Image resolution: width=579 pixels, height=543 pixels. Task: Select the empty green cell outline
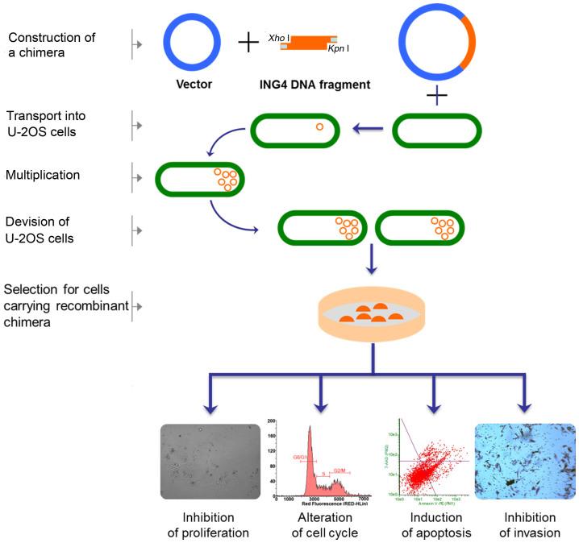tap(436, 130)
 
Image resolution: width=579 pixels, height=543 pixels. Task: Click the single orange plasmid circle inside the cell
tap(319, 126)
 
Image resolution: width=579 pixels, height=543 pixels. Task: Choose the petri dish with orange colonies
tap(372, 314)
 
